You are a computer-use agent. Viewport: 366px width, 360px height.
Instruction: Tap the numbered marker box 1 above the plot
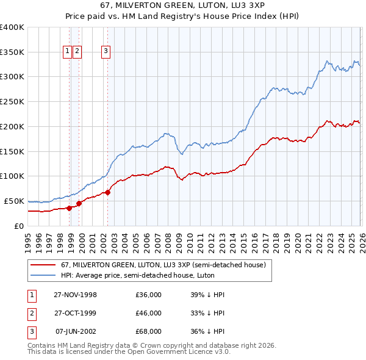click(x=68, y=52)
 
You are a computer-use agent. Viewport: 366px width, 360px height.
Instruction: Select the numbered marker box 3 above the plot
click(x=106, y=52)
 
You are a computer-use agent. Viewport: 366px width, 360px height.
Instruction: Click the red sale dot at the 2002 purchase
click(x=107, y=192)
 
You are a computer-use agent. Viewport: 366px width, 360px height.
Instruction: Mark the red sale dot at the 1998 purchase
click(x=70, y=207)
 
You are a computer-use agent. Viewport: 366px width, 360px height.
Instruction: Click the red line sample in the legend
click(x=42, y=265)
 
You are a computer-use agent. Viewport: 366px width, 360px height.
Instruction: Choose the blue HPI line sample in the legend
click(x=42, y=275)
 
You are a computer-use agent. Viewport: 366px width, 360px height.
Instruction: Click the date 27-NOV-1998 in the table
click(x=75, y=295)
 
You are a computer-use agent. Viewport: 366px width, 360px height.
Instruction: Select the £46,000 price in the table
click(x=148, y=313)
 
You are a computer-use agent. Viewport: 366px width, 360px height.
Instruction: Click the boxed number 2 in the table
click(x=31, y=313)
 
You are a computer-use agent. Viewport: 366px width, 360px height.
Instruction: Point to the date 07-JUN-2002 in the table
click(x=75, y=331)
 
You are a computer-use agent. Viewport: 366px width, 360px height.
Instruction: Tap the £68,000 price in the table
click(x=148, y=331)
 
